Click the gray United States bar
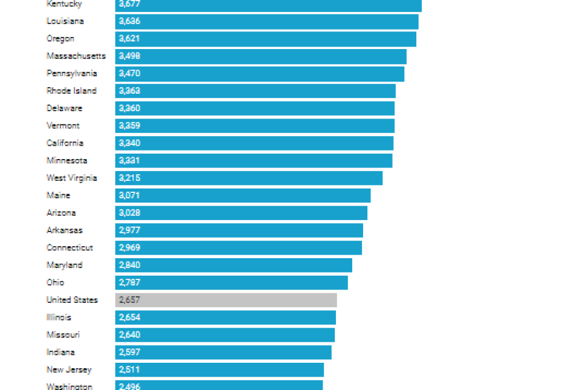click(226, 300)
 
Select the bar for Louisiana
click(266, 21)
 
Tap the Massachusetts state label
click(76, 56)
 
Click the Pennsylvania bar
click(259, 74)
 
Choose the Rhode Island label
click(71, 91)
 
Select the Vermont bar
click(254, 126)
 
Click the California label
click(65, 143)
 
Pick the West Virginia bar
click(248, 178)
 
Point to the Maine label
click(58, 195)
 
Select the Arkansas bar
click(239, 230)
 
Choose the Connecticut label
click(69, 248)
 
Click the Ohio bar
click(231, 282)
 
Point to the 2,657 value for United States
click(130, 300)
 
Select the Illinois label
click(59, 317)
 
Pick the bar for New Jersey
click(219, 369)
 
